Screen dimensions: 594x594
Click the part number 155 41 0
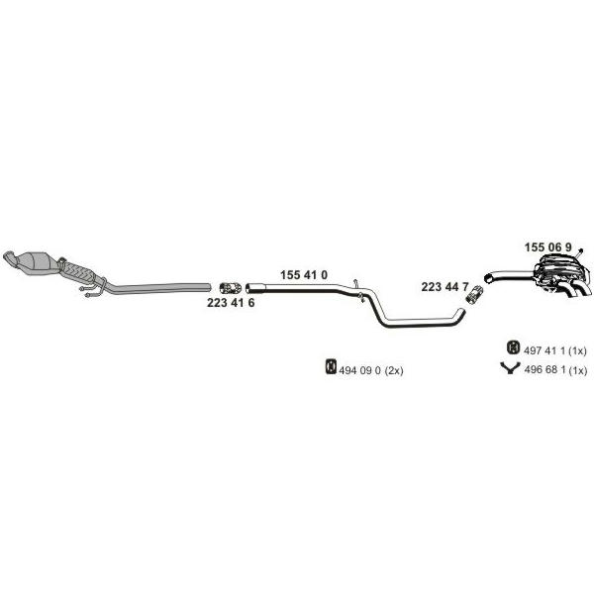(304, 275)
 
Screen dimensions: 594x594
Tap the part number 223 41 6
(231, 303)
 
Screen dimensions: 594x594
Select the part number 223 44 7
(445, 287)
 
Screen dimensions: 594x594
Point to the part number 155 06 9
(547, 247)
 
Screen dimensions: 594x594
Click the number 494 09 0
(359, 370)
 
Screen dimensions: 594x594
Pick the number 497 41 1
(544, 350)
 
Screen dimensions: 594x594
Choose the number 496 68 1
(544, 369)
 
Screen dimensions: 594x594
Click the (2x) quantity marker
(394, 370)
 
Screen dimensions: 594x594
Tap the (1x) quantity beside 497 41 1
(577, 350)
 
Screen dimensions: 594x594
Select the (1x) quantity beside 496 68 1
(577, 369)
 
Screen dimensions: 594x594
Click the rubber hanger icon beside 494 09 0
(331, 366)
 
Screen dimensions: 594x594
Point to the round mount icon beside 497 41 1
(513, 347)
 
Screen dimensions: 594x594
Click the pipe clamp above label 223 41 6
(231, 288)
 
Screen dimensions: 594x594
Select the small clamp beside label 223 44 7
(474, 294)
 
